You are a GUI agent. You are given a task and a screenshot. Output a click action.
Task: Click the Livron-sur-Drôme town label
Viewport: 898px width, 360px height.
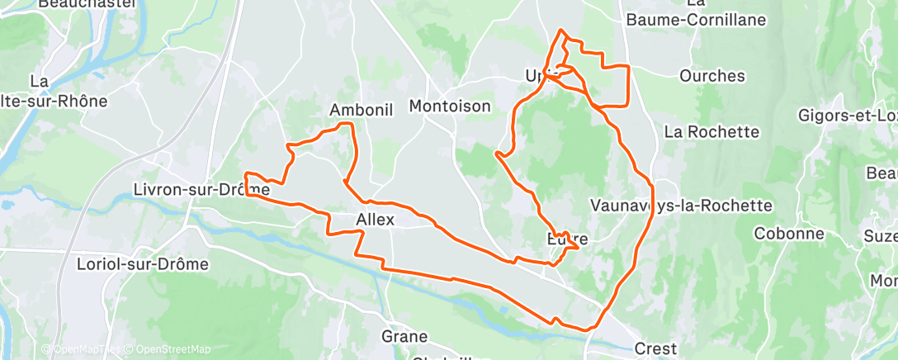201,190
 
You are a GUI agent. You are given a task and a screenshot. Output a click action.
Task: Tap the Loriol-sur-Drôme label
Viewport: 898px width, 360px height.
141,265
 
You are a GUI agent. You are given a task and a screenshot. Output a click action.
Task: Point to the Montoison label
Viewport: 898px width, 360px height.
450,106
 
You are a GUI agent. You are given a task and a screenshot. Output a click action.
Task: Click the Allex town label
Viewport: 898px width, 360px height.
376,220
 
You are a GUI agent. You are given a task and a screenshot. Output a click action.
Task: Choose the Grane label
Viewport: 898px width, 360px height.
404,336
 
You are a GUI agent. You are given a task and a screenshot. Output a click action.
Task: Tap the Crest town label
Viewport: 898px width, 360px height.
656,348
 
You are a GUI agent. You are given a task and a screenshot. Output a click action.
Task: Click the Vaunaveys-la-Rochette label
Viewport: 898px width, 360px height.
681,205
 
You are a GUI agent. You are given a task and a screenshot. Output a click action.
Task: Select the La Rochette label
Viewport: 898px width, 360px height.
711,131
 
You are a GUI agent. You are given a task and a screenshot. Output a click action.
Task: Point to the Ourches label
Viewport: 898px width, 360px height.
711,76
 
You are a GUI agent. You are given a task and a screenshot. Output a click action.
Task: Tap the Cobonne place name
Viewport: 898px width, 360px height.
789,234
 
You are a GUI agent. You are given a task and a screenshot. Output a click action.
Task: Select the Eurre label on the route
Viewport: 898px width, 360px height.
568,240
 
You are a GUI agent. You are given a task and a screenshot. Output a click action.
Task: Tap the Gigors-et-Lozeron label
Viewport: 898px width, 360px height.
847,116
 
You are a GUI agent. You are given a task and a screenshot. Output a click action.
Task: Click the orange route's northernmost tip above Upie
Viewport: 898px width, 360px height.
562,31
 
